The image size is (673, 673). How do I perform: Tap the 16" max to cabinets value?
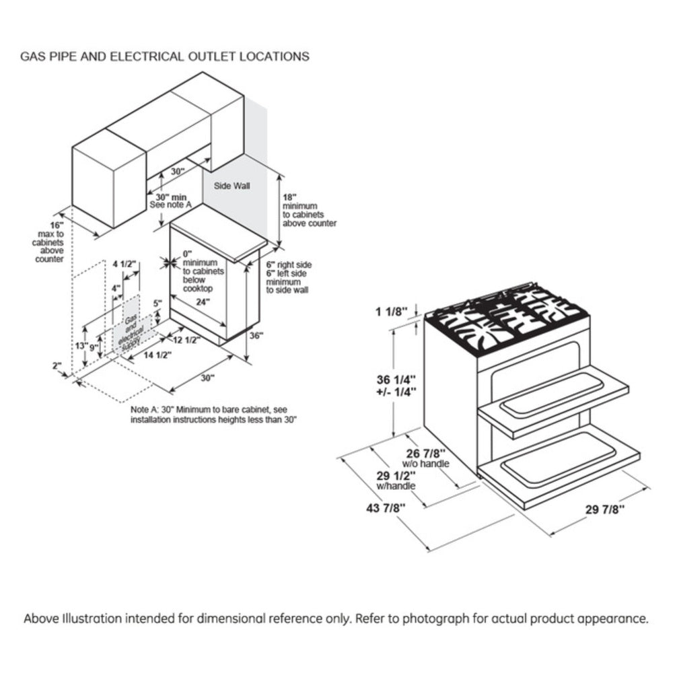[x=57, y=224]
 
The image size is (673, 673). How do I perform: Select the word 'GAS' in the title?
[x=33, y=57]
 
